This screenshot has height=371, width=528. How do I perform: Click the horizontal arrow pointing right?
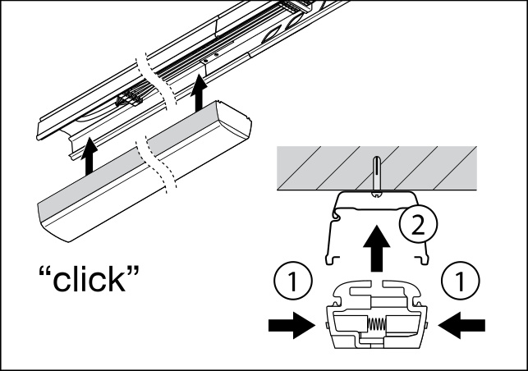tap(291, 326)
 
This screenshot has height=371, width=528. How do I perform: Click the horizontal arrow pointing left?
tap(461, 326)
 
